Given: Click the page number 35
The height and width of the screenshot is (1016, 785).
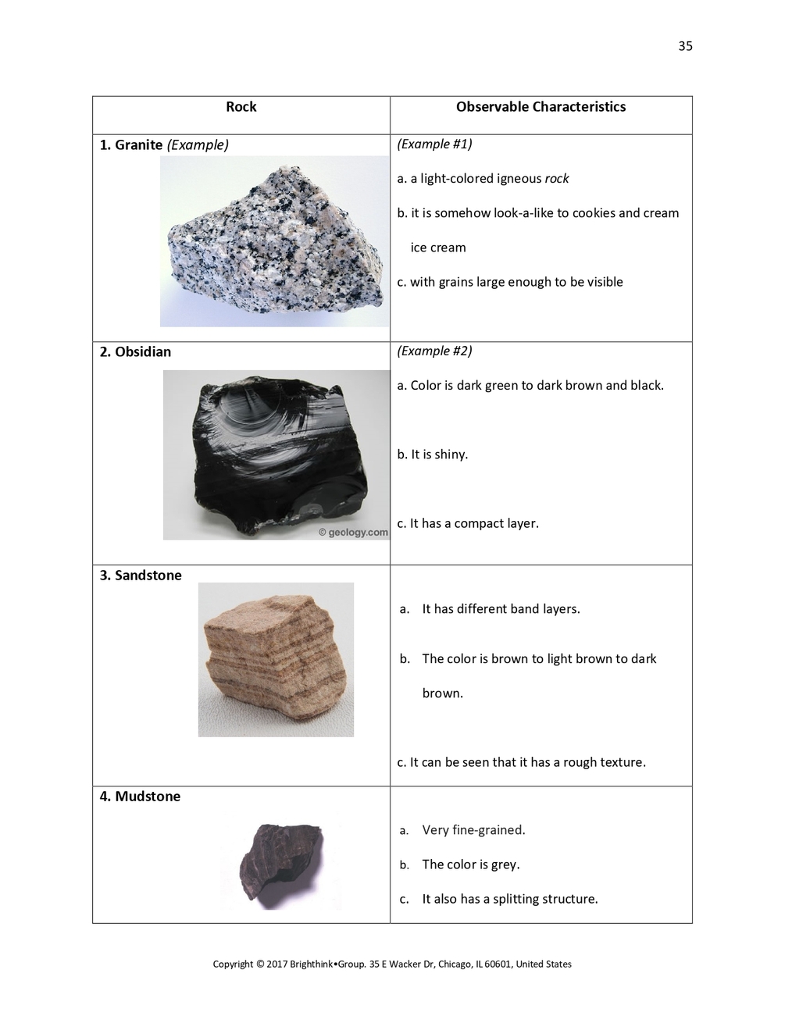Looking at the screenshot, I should point(685,46).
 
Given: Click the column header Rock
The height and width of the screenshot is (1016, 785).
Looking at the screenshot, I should point(241,107).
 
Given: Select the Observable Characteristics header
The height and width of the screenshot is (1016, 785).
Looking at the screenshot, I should point(541,107).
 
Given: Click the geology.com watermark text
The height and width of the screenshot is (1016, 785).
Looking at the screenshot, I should point(353,533).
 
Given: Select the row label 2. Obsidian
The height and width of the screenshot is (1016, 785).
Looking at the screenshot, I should point(135,352).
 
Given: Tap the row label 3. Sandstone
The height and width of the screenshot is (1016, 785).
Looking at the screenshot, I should point(141,576).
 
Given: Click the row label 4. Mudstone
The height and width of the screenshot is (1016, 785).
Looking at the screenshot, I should point(140,797).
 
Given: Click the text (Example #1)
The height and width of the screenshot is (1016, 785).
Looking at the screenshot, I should point(434,144).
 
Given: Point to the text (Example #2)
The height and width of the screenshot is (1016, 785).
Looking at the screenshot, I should point(434,351).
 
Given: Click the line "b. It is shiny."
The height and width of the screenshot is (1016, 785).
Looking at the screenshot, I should point(433,455).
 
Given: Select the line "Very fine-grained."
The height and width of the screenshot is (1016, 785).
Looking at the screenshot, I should point(473,830).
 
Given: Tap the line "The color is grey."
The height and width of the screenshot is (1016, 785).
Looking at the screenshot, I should point(470,864).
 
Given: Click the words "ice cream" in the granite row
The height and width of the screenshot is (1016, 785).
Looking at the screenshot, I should point(438,248).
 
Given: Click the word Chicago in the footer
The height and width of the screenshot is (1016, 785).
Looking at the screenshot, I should point(456,964).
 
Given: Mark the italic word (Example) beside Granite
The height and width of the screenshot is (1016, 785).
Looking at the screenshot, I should point(198,145).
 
